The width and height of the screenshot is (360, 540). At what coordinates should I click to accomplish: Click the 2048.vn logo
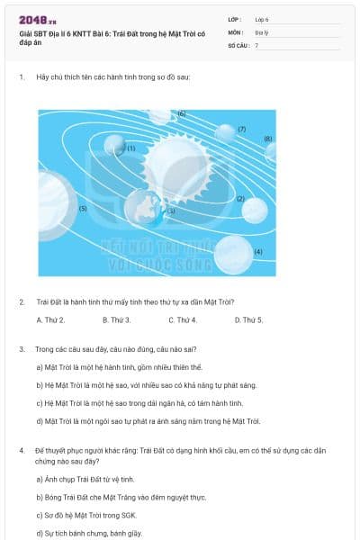click(38, 20)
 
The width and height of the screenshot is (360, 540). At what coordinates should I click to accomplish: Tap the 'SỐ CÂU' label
click(238, 44)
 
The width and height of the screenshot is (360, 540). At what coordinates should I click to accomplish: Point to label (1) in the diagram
click(130, 148)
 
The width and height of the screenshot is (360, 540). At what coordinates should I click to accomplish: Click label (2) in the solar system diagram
click(240, 198)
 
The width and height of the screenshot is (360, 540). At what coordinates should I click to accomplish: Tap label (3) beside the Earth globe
click(171, 211)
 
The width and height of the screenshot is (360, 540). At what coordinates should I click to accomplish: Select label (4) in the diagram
click(258, 251)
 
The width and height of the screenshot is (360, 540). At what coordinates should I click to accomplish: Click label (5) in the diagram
click(83, 208)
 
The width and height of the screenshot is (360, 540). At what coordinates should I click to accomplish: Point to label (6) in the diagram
click(181, 114)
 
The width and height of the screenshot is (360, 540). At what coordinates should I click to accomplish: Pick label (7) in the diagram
click(242, 129)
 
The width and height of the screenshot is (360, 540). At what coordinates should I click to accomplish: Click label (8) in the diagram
click(267, 139)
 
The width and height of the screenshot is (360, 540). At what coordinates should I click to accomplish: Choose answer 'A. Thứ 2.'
click(50, 319)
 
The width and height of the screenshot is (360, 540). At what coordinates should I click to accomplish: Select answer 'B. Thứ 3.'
click(116, 319)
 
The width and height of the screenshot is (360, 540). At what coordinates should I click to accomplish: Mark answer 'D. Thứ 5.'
click(248, 319)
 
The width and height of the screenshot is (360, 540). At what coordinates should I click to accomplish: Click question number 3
click(22, 348)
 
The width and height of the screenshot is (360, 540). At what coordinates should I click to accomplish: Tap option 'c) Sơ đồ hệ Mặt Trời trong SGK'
click(85, 515)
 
